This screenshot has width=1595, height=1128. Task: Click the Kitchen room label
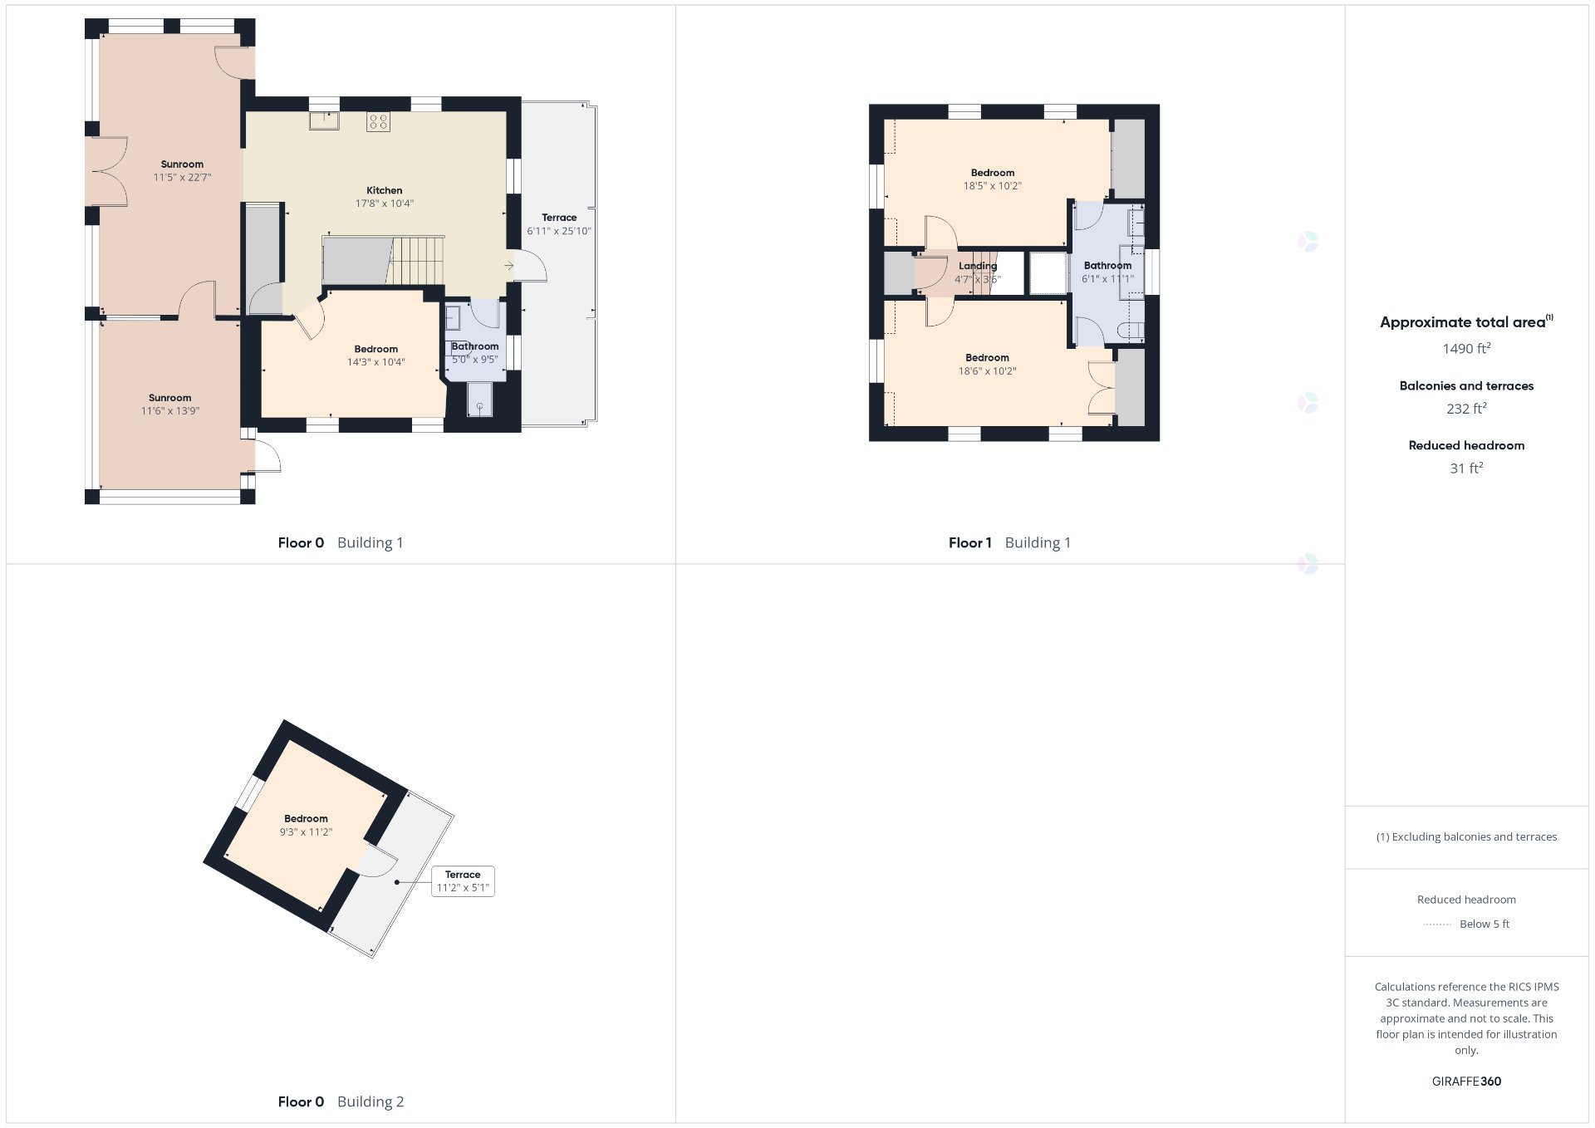[384, 190]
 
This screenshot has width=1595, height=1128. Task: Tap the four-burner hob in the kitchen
[378, 122]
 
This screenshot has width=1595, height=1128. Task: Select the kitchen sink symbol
[324, 120]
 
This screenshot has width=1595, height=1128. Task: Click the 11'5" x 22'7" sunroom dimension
[182, 178]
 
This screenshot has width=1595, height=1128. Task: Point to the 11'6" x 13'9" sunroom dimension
[170, 411]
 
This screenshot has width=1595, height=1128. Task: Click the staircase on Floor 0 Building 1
[418, 260]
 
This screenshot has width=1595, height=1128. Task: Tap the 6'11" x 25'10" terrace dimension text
[559, 231]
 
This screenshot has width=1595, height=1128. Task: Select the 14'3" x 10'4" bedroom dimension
[376, 362]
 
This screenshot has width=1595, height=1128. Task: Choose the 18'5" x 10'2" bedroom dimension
[993, 186]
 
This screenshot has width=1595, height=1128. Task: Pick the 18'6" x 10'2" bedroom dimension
[987, 371]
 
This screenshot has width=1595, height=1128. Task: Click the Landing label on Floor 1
[978, 266]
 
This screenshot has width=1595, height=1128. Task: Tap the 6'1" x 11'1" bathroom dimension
[1107, 279]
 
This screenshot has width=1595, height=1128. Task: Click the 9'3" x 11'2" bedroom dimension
[306, 832]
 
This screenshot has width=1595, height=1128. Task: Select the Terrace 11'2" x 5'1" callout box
[463, 881]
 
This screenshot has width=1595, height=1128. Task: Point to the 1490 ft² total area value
[1466, 349]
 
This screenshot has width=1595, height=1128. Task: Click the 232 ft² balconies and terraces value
[1466, 409]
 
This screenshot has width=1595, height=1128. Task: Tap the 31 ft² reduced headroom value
[1466, 468]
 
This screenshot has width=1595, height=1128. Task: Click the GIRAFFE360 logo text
[1466, 1081]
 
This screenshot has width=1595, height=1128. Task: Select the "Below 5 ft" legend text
[1485, 924]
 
